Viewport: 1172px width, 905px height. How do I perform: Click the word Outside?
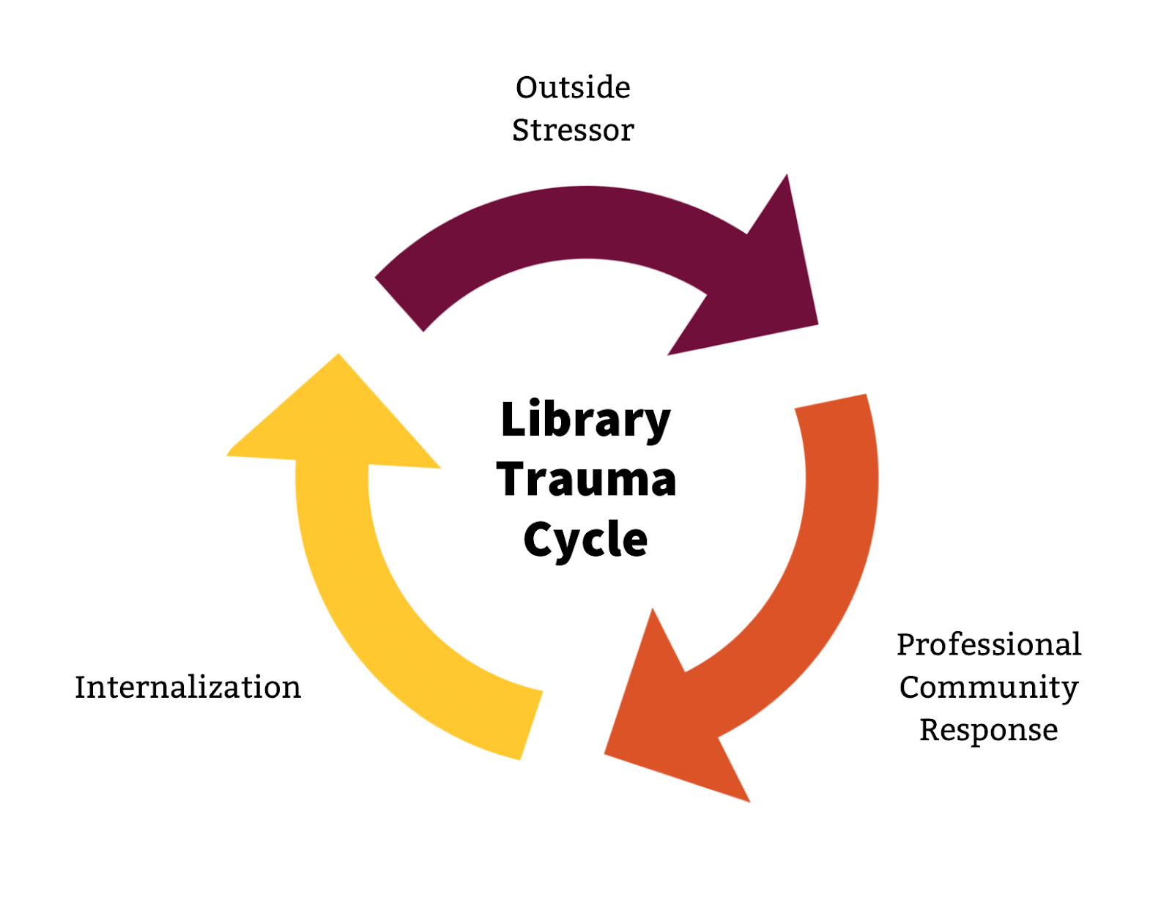click(573, 88)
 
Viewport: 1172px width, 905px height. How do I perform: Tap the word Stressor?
click(573, 130)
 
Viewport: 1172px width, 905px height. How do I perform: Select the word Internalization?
click(188, 688)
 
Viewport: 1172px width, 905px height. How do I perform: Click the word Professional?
click(989, 645)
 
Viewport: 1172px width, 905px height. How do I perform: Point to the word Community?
click(989, 688)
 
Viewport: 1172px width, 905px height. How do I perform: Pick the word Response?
click(989, 730)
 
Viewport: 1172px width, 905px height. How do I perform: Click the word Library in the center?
click(585, 420)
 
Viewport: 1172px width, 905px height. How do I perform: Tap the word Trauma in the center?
click(586, 480)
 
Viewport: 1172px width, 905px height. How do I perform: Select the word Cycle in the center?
click(586, 540)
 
